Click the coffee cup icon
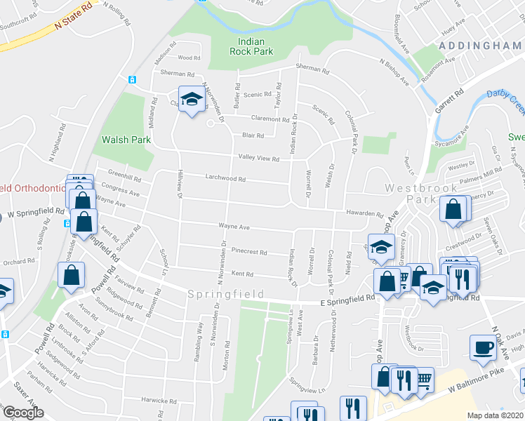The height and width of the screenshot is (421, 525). click(483, 347)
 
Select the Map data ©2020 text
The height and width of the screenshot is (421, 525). click(495, 415)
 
